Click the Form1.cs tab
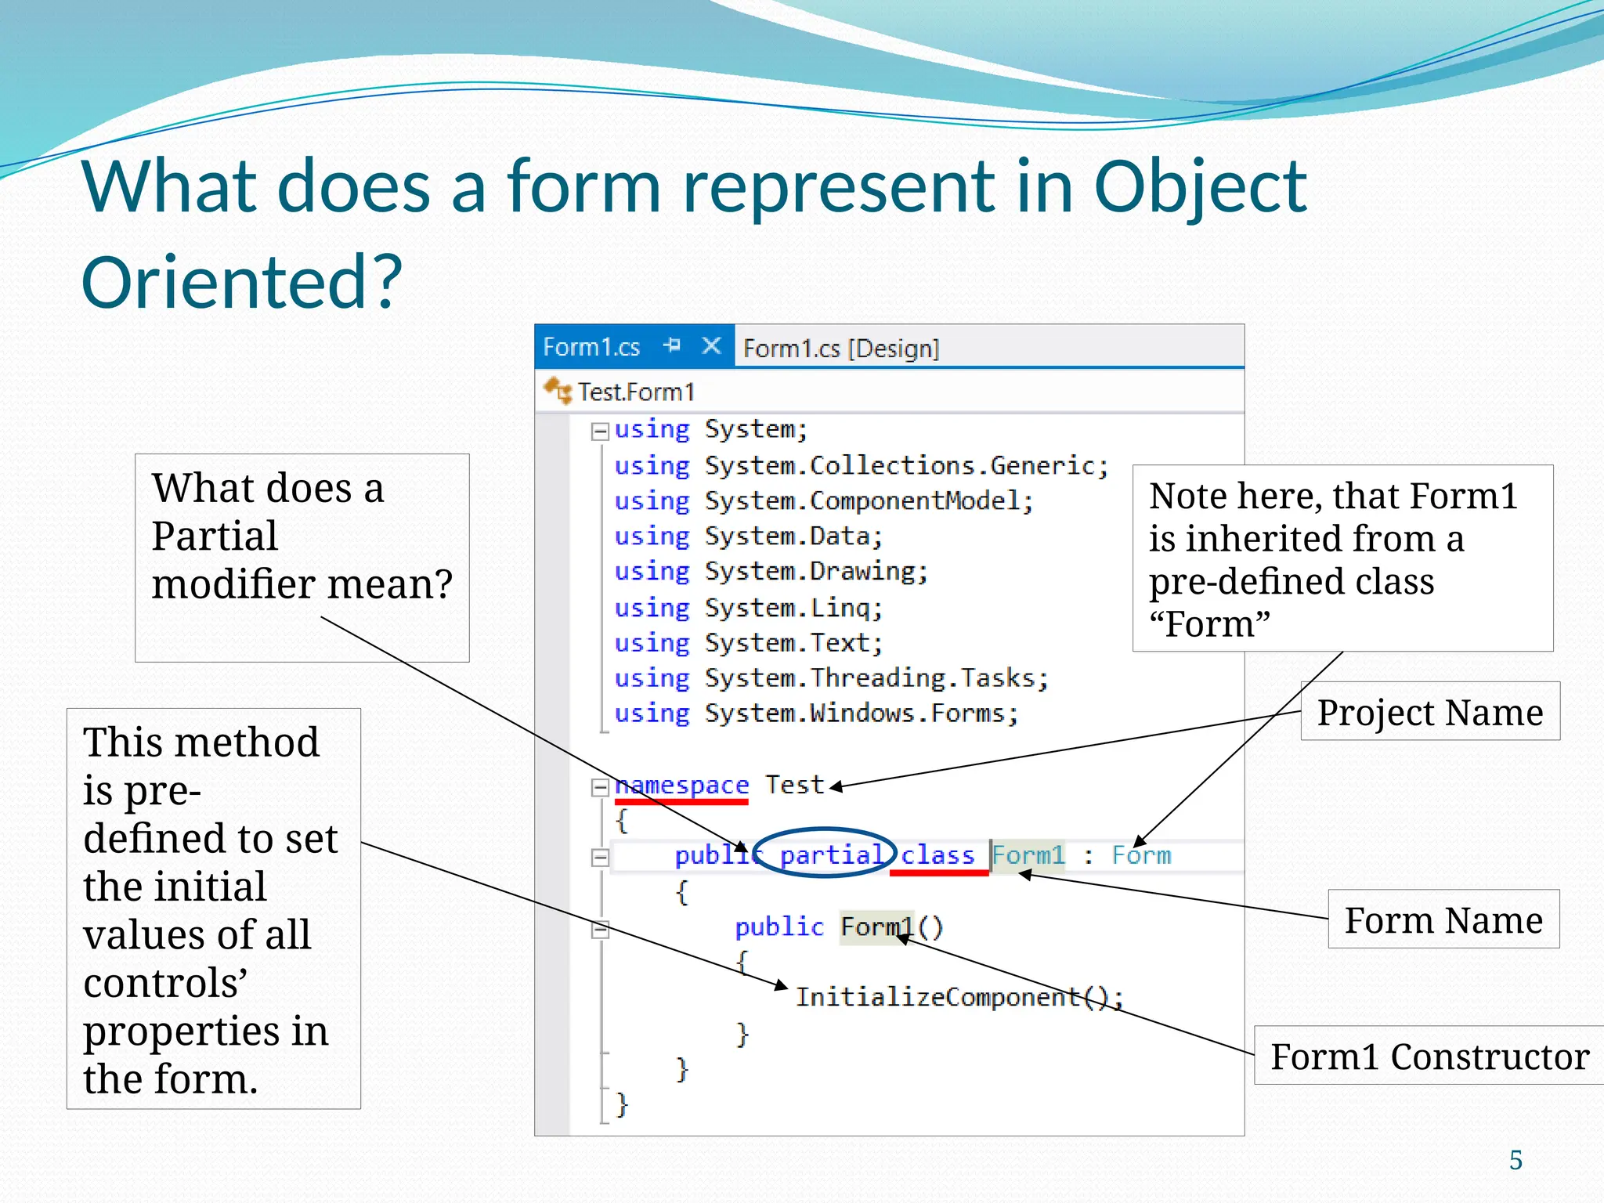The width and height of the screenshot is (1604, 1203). (591, 347)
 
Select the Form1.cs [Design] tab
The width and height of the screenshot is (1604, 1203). (840, 348)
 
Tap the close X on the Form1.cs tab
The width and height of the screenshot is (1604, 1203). (711, 345)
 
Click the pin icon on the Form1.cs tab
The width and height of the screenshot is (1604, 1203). (672, 345)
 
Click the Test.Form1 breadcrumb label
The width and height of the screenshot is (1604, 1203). (635, 392)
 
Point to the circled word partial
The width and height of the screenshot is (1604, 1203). (832, 854)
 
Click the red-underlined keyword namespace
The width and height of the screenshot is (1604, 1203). (681, 785)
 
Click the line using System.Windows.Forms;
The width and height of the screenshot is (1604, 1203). (815, 713)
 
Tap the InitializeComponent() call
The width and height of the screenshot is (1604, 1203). (958, 997)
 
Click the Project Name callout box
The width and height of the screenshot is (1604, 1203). (1429, 712)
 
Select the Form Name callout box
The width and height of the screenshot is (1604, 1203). (1443, 919)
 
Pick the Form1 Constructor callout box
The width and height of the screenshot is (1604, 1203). (1429, 1056)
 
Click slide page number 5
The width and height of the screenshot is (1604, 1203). (1515, 1160)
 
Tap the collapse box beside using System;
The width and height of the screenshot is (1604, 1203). (600, 431)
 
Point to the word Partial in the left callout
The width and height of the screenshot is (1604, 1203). (214, 536)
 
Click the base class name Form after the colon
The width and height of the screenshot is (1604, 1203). (1141, 855)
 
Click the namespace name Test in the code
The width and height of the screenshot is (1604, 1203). (794, 785)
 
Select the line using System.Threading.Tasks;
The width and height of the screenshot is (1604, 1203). (830, 678)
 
